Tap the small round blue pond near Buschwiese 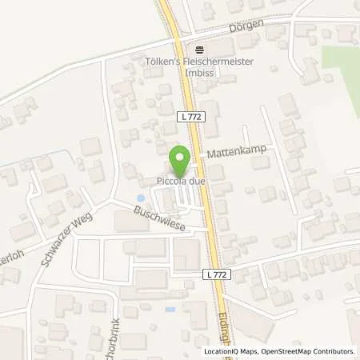click(x=142, y=198)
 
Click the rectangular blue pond click(x=170, y=309)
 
